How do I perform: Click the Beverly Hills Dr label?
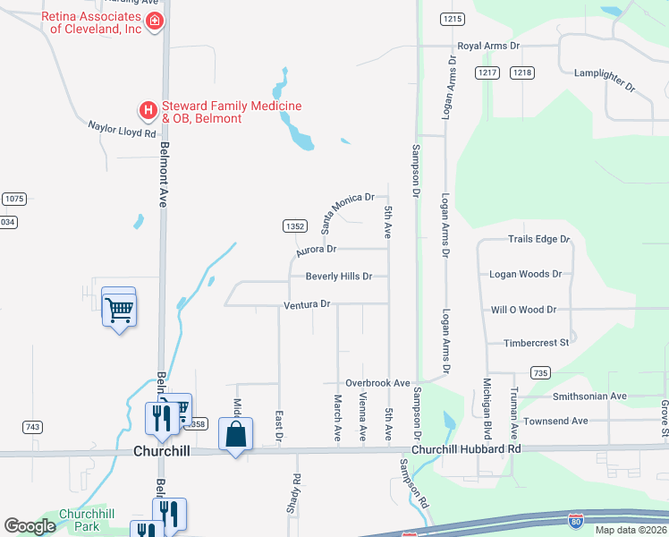(x=338, y=277)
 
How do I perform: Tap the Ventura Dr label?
(x=307, y=304)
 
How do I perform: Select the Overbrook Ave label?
(x=377, y=383)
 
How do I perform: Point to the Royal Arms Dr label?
(x=488, y=46)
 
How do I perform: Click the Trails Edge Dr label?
(x=538, y=240)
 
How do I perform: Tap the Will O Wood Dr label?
(x=524, y=310)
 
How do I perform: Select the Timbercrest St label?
(x=537, y=343)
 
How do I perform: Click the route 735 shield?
(x=539, y=372)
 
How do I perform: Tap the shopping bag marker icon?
(x=235, y=436)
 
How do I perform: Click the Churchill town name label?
(x=162, y=451)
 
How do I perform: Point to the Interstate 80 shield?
(x=577, y=518)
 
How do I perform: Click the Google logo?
(x=30, y=526)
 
